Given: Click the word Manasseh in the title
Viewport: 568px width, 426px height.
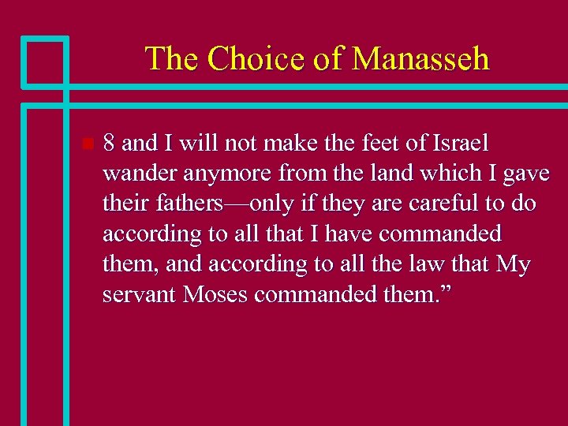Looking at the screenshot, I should (x=420, y=59).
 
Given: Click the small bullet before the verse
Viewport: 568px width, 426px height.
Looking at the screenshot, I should (x=87, y=144).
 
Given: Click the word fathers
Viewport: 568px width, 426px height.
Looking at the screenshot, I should (x=186, y=204).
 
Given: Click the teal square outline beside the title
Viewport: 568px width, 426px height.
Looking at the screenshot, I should (x=44, y=60).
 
